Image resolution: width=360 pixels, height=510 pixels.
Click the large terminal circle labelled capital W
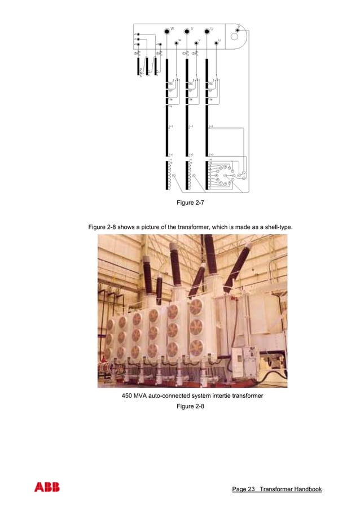tap(166, 30)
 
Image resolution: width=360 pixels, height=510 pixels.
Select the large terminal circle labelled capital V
tap(187, 30)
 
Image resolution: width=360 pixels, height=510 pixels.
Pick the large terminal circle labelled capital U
tap(207, 30)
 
